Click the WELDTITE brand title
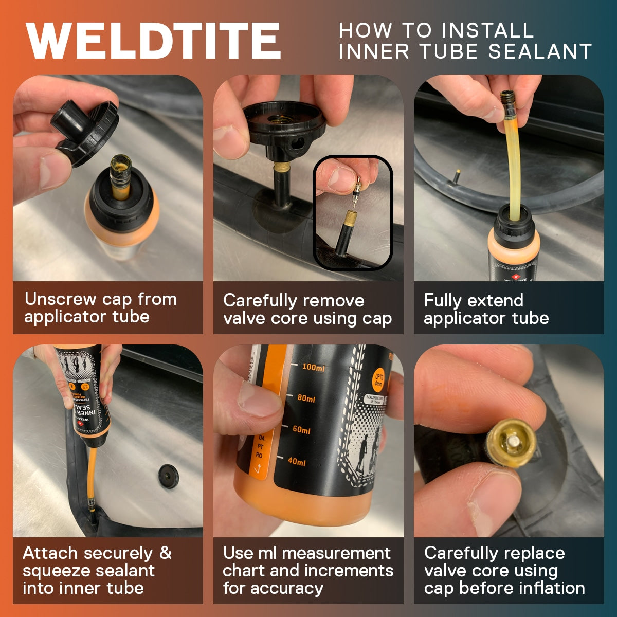153,41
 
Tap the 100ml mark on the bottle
313,368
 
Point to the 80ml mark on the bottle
306,398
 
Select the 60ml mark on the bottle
301,430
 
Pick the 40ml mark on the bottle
296,462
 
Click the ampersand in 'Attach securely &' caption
165,553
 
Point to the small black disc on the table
168,476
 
